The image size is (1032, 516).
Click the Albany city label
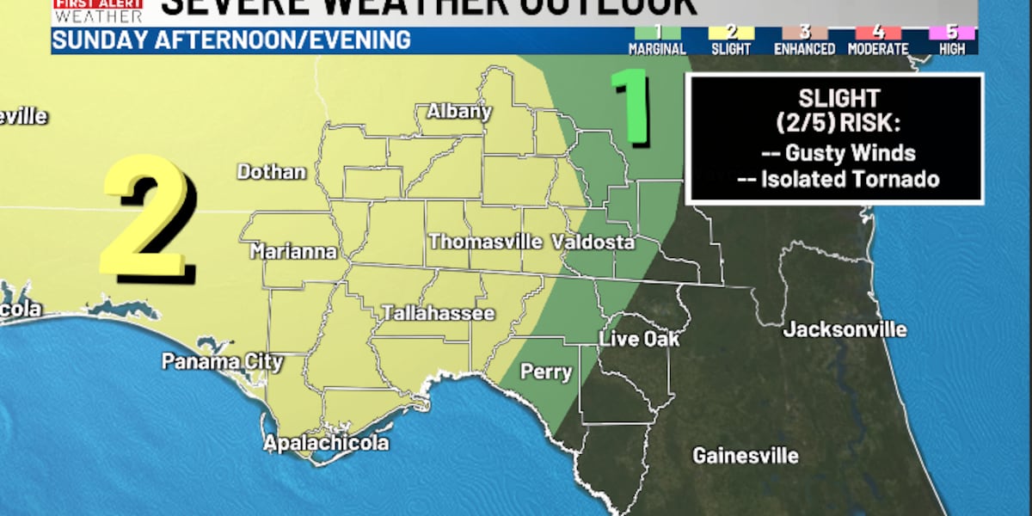[x=459, y=111]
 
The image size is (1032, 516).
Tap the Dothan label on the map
[x=272, y=172]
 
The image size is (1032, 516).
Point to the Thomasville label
[x=485, y=242]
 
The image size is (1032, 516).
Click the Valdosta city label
[x=593, y=242]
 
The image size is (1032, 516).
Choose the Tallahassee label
[x=439, y=313]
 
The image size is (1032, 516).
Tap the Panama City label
[x=223, y=361]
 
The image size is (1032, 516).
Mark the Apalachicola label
[x=326, y=444]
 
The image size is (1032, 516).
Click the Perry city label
[x=547, y=372]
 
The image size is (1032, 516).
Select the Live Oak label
[x=640, y=340]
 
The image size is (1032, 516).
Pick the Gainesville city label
[x=746, y=456]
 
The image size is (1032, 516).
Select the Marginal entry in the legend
[x=657, y=41]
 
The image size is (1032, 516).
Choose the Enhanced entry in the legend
[x=805, y=41]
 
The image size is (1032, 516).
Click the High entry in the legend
[x=952, y=41]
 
